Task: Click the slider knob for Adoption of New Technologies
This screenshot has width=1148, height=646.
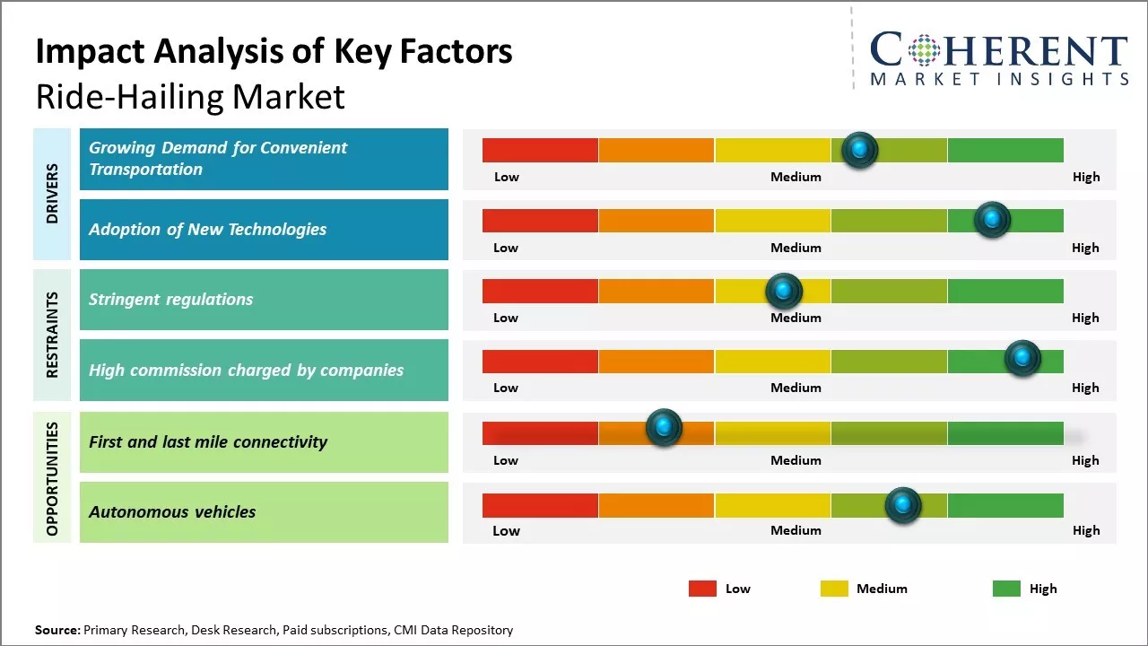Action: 992,220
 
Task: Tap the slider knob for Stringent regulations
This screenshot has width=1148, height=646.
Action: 783,291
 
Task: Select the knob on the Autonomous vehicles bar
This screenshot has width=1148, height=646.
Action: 903,505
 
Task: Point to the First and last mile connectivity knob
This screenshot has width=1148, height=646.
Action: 664,428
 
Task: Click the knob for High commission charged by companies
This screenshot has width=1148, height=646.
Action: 1022,358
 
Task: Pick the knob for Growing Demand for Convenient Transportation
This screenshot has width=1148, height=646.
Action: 860,149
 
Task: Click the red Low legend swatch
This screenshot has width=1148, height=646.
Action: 702,589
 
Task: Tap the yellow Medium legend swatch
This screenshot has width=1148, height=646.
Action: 834,589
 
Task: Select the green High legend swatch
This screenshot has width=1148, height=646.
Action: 1006,589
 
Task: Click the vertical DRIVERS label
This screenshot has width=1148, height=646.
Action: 52,194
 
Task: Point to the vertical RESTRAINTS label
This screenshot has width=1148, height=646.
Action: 52,335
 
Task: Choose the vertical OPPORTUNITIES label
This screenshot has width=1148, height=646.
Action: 52,478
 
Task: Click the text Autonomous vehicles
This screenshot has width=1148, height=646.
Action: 172,512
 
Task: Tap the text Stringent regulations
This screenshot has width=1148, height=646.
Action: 170,300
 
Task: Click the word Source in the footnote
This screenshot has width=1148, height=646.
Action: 57,630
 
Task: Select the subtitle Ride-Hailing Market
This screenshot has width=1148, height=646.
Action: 190,97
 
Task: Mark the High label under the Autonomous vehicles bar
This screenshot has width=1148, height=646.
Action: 1085,530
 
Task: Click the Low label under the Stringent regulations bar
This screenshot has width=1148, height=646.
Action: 506,318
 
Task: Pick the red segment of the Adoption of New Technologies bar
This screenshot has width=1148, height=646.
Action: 540,221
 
